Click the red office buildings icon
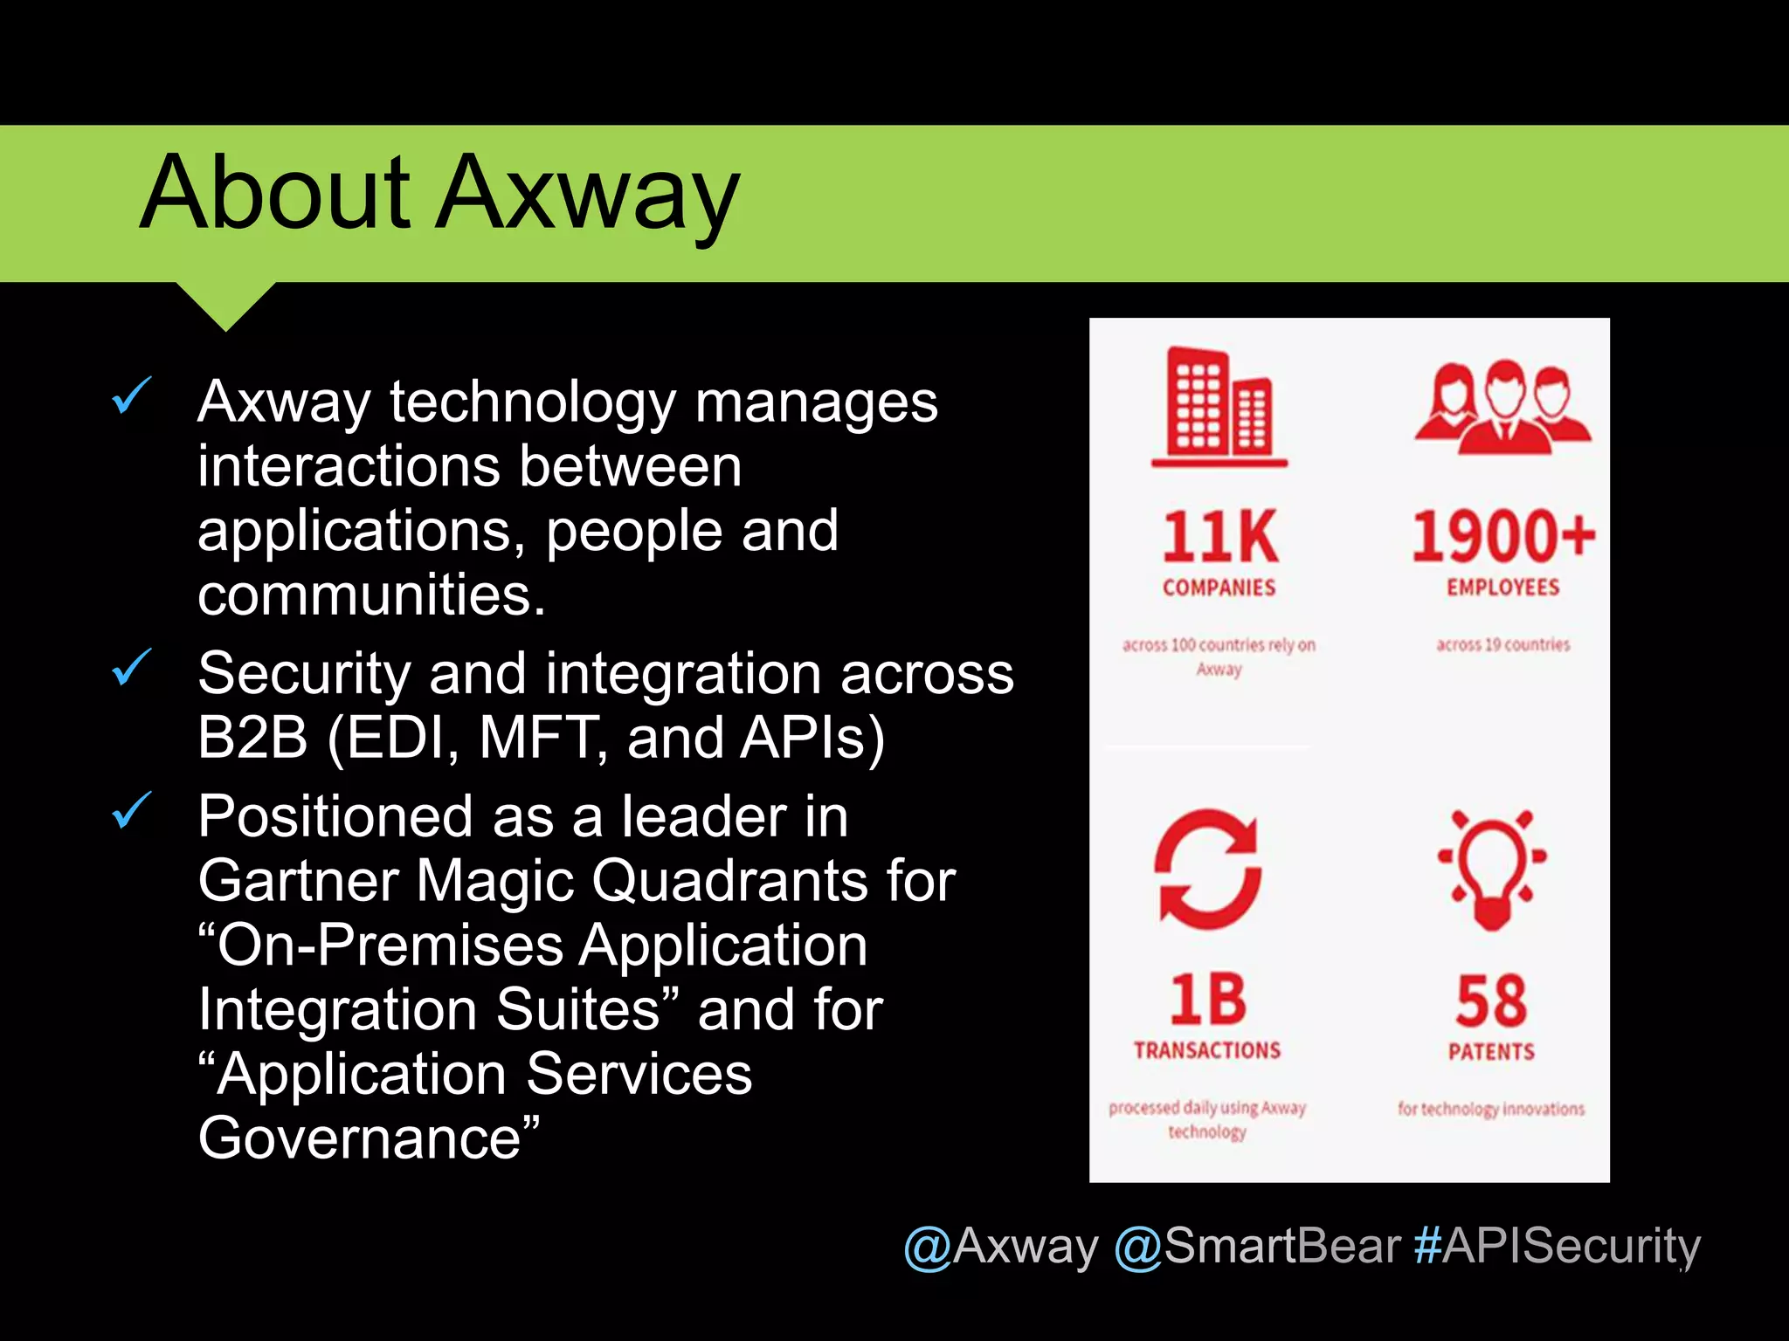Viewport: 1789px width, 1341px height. coord(1219,407)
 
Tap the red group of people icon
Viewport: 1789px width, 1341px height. coord(1502,407)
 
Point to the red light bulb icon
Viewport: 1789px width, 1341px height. coord(1492,869)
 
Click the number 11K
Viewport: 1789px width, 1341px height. coord(1219,537)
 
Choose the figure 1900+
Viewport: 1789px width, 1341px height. coord(1502,536)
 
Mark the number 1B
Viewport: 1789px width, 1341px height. coord(1208,1000)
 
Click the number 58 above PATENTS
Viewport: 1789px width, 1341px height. coord(1492,1001)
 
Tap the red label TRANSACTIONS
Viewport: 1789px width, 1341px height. coord(1207,1050)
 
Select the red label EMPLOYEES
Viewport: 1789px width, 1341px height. coord(1502,588)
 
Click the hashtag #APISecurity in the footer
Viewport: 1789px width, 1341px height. coord(1558,1246)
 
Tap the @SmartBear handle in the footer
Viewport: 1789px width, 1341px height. coord(1258,1246)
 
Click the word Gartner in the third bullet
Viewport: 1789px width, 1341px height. coord(297,881)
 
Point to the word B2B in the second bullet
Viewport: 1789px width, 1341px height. coord(252,738)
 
